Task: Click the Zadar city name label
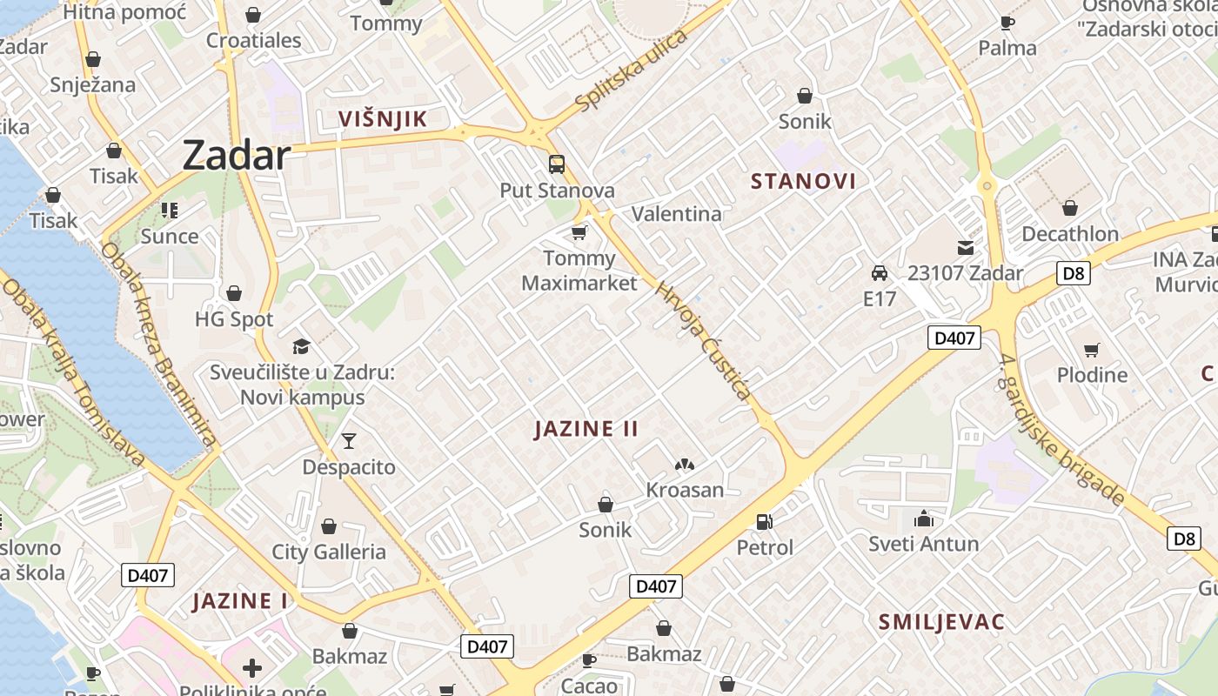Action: point(236,156)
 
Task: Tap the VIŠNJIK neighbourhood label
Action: point(383,119)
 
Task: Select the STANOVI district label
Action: point(803,181)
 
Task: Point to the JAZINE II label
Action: point(586,428)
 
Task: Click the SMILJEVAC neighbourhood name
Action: point(941,622)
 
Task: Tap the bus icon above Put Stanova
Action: point(556,164)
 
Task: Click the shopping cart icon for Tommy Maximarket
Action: point(579,232)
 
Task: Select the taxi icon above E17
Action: point(880,273)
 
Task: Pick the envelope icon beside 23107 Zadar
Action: point(966,248)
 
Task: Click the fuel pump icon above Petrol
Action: point(765,521)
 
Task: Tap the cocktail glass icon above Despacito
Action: point(349,440)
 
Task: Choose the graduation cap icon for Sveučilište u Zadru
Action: point(301,346)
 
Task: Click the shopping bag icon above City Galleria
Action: point(329,526)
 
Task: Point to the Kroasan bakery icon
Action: point(685,465)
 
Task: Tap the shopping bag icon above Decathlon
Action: point(1070,208)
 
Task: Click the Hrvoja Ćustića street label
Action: point(703,341)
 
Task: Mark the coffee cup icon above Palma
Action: point(1007,23)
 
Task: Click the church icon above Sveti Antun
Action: point(923,519)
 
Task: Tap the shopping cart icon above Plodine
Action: point(1091,350)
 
